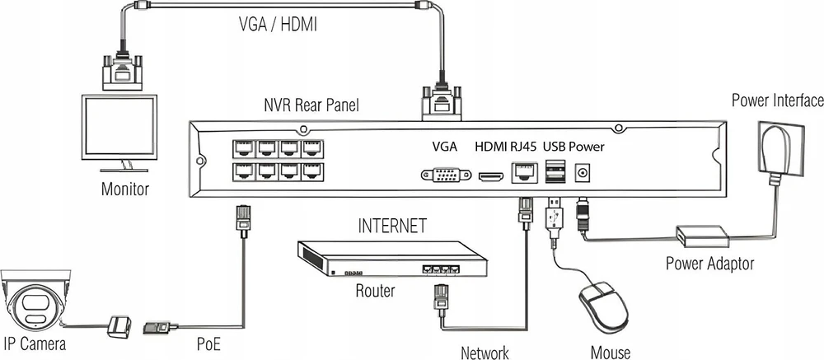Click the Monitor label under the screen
(125, 188)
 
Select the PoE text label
(208, 344)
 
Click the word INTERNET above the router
(392, 226)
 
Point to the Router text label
(375, 290)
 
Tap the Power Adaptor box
(703, 236)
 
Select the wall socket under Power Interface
(780, 149)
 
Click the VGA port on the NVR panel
(446, 175)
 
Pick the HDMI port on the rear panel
(491, 176)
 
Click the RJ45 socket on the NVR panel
(524, 172)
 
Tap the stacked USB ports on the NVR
(555, 172)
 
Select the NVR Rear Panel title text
(311, 105)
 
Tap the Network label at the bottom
(485, 352)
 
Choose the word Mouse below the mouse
(611, 352)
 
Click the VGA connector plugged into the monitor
(121, 72)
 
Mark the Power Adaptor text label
(709, 263)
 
